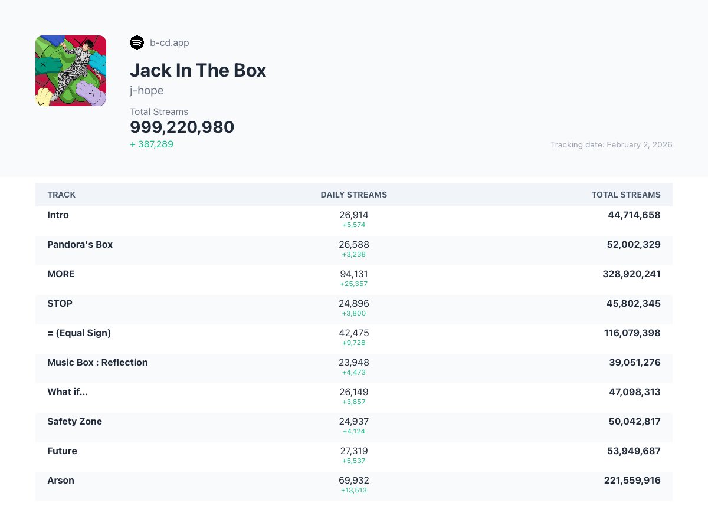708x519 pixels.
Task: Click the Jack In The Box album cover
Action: coord(71,71)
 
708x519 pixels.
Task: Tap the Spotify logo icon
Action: coord(137,42)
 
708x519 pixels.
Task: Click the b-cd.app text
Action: coord(169,42)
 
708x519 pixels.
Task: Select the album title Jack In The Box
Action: coord(198,70)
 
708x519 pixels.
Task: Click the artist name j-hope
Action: coord(147,90)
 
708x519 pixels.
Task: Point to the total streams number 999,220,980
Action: coord(182,127)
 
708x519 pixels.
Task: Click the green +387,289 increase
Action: coord(152,144)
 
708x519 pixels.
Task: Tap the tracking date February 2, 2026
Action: coord(611,144)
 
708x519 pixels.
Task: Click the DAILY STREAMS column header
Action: coord(354,195)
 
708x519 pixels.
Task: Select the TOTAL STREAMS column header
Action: coord(626,195)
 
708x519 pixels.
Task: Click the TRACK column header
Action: coord(61,195)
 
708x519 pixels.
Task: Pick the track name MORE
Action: coord(61,274)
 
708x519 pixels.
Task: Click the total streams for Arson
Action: coord(632,480)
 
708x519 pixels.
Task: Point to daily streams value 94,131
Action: coord(354,274)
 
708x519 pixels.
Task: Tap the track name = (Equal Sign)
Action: coord(79,333)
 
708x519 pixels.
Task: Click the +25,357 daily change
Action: coord(354,284)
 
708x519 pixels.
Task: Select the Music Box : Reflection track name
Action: coord(97,362)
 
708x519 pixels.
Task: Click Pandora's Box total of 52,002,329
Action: coord(634,244)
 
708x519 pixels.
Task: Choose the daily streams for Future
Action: coord(354,451)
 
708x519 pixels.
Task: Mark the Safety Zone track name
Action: coord(74,421)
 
